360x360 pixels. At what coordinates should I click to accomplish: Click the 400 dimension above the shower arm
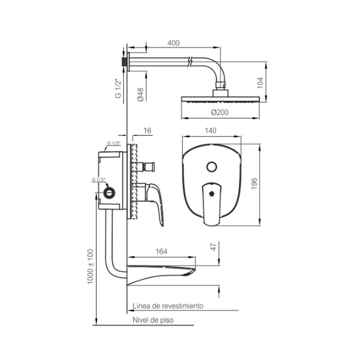173,43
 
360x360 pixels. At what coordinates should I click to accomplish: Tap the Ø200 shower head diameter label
220,112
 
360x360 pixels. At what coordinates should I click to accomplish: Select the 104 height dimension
260,83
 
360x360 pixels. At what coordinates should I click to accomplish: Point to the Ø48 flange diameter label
140,94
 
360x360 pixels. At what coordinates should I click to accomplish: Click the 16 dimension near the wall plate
147,130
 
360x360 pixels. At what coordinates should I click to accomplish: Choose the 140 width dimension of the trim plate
211,130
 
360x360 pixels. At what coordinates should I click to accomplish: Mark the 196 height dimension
254,184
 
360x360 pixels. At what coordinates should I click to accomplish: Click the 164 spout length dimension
162,252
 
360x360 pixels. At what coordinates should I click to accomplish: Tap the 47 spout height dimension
214,247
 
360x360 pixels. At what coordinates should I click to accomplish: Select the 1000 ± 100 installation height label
90,266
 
